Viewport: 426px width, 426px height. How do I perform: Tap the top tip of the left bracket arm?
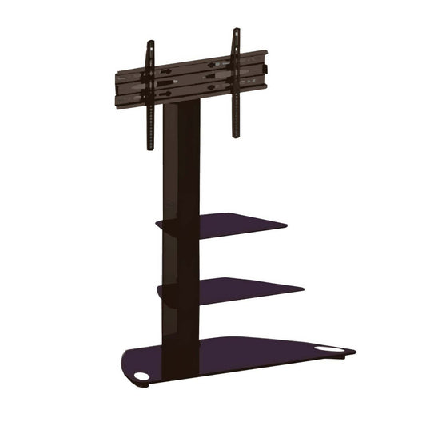point(150,42)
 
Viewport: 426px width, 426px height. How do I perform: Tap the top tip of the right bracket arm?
point(236,30)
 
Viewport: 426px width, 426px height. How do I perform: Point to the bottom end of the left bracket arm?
point(149,149)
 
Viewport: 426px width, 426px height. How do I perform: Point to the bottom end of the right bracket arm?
point(236,135)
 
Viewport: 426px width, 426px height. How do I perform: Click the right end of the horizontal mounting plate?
point(265,67)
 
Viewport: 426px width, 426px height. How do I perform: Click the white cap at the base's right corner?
point(328,348)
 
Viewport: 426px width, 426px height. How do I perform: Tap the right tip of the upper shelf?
point(286,225)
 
